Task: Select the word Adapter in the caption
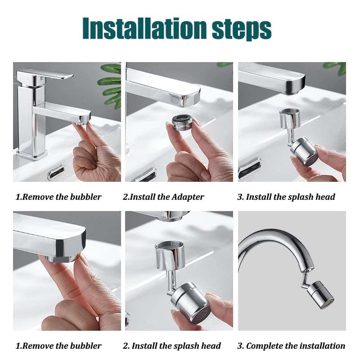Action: click(187, 197)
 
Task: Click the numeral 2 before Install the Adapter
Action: click(125, 197)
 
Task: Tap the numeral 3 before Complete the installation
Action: click(239, 346)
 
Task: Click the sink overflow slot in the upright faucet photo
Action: click(56, 171)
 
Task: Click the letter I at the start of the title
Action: click(86, 29)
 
